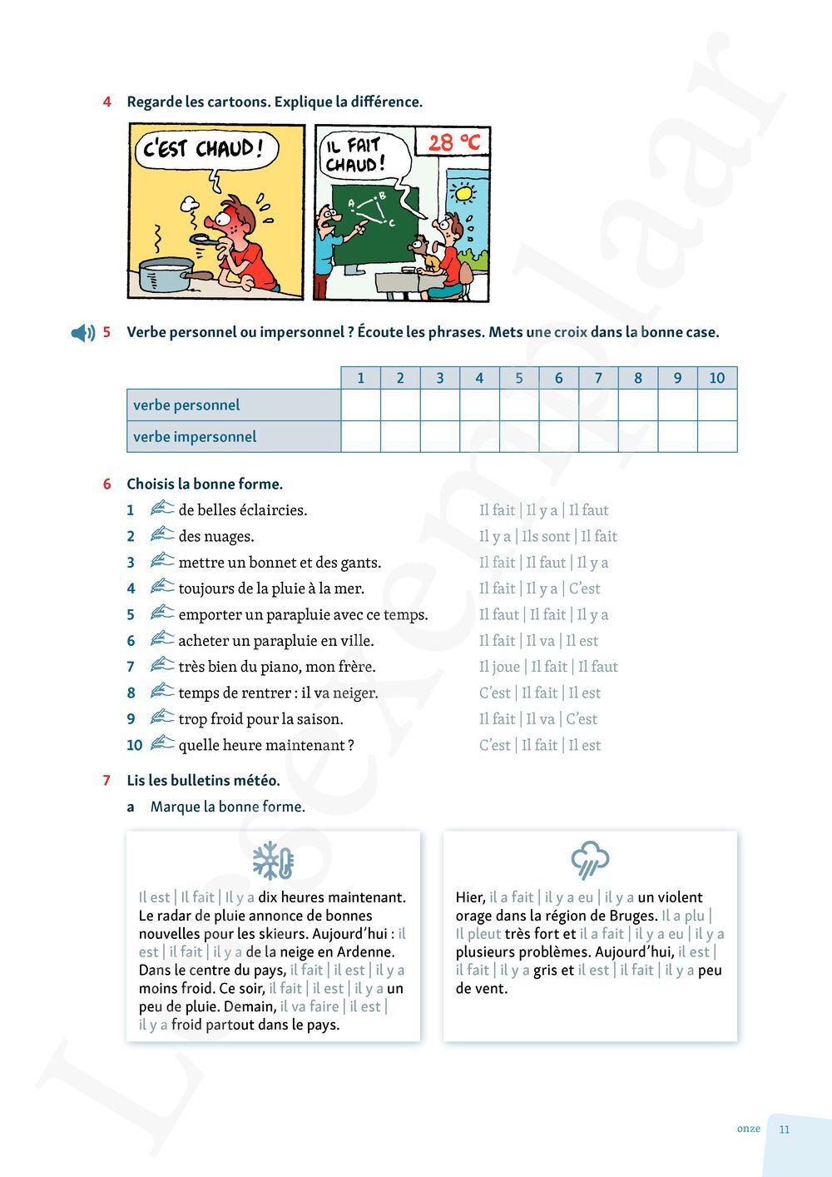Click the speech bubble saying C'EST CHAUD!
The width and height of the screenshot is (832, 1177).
206,151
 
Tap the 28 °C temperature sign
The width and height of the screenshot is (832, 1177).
453,143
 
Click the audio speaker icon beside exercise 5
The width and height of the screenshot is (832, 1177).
83,333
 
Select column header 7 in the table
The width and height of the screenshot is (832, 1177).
598,378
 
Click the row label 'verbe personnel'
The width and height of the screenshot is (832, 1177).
186,405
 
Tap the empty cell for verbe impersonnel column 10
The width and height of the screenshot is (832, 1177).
716,437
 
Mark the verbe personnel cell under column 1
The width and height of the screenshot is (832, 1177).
360,405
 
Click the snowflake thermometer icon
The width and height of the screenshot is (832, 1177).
273,861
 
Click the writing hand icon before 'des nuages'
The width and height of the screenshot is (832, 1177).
162,534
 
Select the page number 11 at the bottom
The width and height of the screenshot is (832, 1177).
785,1130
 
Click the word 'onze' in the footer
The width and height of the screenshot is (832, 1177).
748,1129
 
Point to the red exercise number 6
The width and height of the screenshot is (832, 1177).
107,484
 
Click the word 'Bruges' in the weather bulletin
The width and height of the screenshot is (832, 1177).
630,916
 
